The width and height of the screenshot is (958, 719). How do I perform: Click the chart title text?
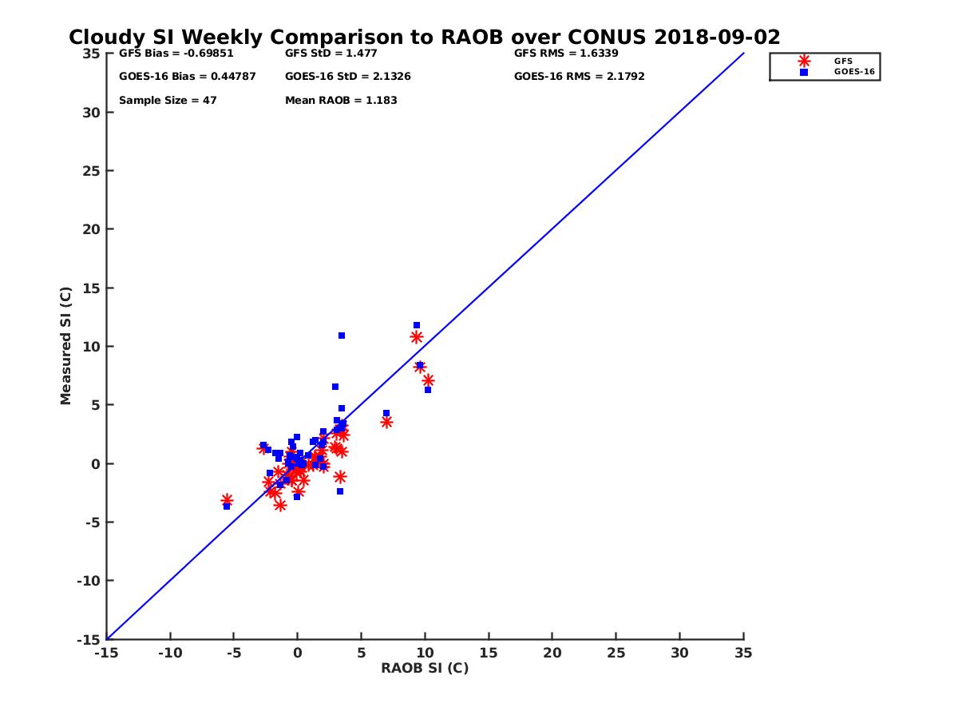424,38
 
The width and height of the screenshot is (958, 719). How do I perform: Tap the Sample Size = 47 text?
168,101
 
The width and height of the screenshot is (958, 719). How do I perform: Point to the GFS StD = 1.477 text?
331,54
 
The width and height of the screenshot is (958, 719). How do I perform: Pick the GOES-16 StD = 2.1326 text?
347,77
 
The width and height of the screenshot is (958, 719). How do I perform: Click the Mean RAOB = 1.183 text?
341,101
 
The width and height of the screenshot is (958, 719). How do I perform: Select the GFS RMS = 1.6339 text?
566,54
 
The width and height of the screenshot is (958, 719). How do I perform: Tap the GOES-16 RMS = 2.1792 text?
579,77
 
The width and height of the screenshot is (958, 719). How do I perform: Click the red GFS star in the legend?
804,61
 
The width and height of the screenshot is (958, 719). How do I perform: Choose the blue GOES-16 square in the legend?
804,72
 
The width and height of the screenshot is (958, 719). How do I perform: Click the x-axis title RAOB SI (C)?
425,668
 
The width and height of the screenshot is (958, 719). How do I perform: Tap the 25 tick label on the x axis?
616,653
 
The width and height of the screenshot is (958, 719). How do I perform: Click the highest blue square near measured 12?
417,325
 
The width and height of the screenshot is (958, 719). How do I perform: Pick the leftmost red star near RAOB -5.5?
227,500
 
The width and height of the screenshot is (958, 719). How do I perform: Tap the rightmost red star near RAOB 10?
428,380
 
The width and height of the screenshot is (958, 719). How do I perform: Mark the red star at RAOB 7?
386,422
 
